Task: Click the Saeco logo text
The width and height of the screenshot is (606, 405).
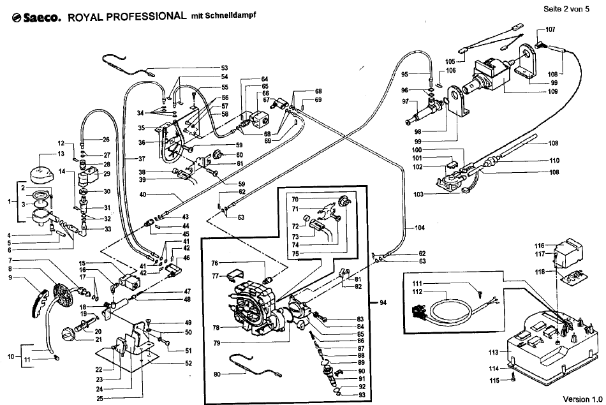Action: coord(37,18)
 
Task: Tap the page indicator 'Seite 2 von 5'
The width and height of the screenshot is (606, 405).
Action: coord(566,9)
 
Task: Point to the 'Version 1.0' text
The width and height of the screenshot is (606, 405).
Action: coord(582,399)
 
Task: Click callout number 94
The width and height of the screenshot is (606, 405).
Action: coord(383,302)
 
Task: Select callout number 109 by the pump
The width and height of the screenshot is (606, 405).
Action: coord(552,92)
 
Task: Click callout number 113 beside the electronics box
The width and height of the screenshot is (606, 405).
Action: coord(494,352)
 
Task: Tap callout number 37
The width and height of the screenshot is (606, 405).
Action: coord(142,159)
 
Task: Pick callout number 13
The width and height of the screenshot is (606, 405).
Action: coord(61,154)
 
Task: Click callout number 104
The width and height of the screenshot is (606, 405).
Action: coord(420,228)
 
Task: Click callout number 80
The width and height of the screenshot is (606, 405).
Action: coord(217,374)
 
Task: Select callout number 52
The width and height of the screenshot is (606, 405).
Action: coord(188,364)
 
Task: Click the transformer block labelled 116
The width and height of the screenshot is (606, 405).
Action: coord(568,251)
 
